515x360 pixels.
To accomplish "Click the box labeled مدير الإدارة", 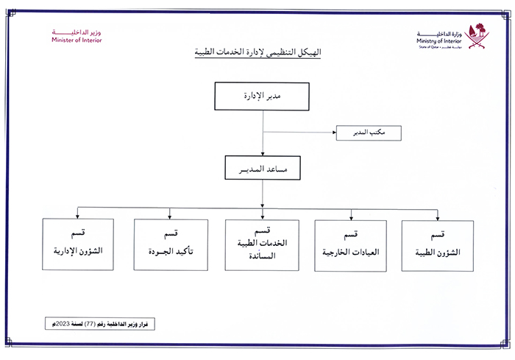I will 263,97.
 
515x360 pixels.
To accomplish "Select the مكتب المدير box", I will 369,133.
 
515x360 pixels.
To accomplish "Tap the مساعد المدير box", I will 263,169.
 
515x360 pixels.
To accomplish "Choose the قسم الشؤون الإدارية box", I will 78,244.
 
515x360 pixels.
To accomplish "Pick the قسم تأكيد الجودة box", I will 170,244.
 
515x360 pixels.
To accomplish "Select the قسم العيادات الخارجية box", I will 350,246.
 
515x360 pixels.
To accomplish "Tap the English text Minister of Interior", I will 77,40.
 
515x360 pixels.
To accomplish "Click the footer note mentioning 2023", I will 101,324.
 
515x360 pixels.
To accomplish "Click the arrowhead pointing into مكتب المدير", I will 333,133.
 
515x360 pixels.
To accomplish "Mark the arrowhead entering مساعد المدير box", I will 263,153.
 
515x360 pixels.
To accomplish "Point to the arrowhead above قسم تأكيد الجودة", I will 170,216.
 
